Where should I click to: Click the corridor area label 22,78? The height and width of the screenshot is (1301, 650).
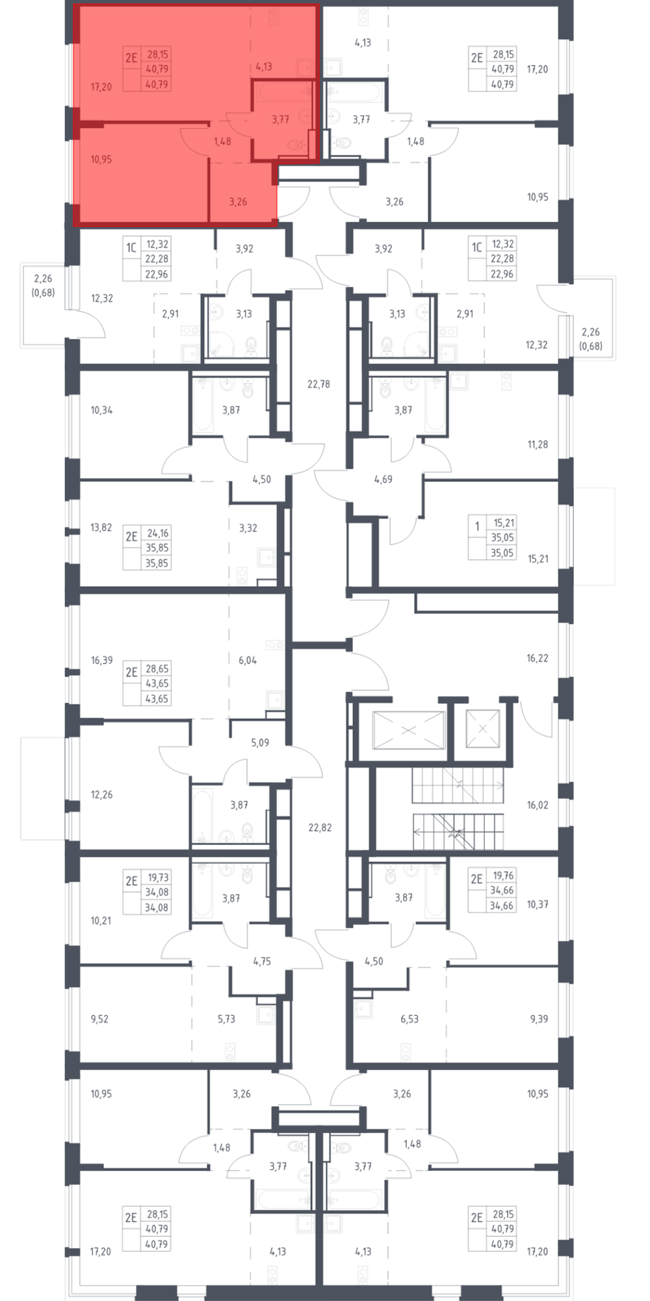pos(318,384)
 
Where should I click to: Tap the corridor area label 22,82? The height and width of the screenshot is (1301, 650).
pos(320,827)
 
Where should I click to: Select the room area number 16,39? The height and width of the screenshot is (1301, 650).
pos(102,660)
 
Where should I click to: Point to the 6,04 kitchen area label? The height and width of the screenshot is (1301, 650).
pos(248,660)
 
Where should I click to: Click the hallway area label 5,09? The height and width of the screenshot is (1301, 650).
pos(260,742)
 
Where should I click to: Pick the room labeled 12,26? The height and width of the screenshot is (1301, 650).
pos(102,794)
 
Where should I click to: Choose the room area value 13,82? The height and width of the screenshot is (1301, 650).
pos(101,528)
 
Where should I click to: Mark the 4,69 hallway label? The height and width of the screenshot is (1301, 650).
pos(383,479)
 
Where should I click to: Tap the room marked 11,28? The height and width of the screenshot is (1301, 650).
pos(538,444)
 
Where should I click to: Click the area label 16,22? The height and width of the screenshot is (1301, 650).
pos(538,658)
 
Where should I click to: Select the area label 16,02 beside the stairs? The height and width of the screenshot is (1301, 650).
pos(538,805)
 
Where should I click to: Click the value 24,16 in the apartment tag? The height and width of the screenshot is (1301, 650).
pos(158,533)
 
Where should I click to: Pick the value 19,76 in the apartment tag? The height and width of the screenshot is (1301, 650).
pos(504,876)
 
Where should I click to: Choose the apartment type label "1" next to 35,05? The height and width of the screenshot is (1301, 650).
pos(478,526)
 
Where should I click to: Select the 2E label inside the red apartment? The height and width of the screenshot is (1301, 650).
pos(131,57)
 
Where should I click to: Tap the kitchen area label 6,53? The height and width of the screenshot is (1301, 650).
pos(409,1019)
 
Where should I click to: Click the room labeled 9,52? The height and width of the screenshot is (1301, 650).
pos(99,1019)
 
